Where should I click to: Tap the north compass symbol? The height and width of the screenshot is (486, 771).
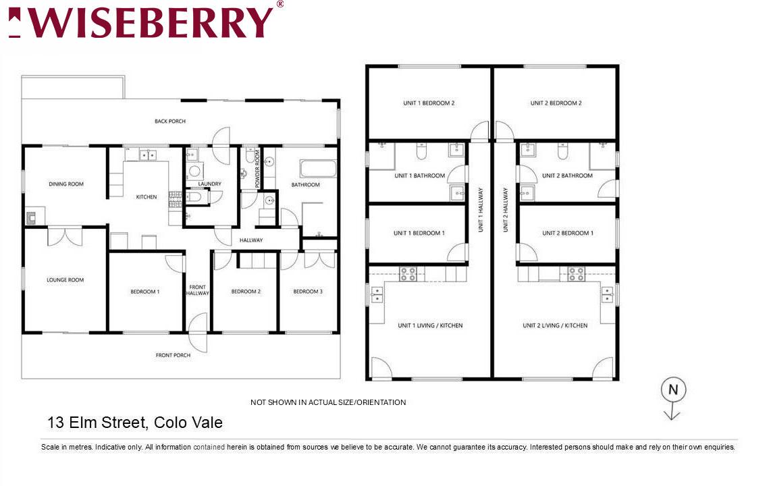tap(672, 398)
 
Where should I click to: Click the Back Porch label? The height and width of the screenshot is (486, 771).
tap(170, 121)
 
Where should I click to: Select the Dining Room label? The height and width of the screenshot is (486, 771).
tap(66, 184)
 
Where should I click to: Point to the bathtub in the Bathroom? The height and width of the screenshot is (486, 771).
tap(318, 169)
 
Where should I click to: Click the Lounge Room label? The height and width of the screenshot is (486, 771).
tap(65, 279)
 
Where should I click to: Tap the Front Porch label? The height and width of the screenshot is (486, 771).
tap(173, 355)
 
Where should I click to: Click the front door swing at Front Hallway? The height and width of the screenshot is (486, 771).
tap(198, 333)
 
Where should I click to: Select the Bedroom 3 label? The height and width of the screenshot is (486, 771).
tap(308, 292)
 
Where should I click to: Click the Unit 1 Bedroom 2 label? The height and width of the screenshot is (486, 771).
tap(429, 103)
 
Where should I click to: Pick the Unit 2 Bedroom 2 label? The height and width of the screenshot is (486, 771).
tap(556, 103)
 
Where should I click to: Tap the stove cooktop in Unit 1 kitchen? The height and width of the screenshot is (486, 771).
tap(408, 274)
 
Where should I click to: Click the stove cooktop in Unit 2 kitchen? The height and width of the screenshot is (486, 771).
tap(577, 274)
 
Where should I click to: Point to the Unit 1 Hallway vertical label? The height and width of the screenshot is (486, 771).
tap(481, 209)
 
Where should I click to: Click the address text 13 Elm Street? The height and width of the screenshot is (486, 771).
tap(97, 422)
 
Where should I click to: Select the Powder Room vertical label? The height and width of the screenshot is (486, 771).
tap(257, 169)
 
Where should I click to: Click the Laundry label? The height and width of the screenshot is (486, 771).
tap(210, 184)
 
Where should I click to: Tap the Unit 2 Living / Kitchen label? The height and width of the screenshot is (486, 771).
tap(555, 325)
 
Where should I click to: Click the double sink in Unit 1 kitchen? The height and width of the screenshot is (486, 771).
tap(377, 294)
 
